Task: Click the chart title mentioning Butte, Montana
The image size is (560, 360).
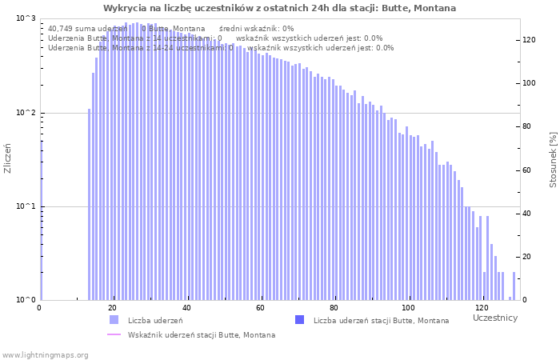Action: (x=279, y=8)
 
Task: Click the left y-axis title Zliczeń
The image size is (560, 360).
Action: (x=8, y=158)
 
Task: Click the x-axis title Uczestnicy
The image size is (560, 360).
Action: (x=495, y=318)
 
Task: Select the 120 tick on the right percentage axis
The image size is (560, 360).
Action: (x=530, y=39)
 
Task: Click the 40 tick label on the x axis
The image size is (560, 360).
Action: (x=187, y=309)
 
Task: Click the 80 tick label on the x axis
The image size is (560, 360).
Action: (x=334, y=309)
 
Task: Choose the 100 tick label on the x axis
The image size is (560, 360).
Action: (x=409, y=309)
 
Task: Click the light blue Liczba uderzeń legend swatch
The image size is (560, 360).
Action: (x=114, y=320)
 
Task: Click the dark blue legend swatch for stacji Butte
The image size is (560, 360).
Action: (x=300, y=320)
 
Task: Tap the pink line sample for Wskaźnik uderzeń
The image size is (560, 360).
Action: (x=114, y=334)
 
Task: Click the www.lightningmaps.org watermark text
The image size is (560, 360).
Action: (x=45, y=354)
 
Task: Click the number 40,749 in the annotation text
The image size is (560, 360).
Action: (x=64, y=28)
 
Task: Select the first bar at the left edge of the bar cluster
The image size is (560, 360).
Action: (x=89, y=204)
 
